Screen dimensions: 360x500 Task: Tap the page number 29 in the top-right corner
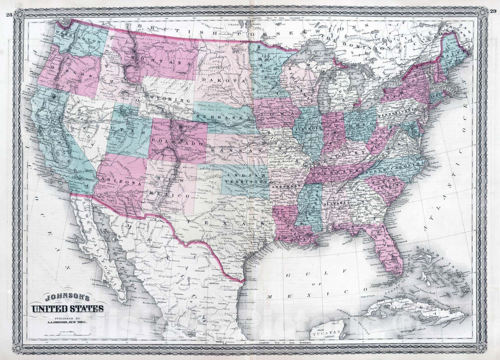tap(493, 3)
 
